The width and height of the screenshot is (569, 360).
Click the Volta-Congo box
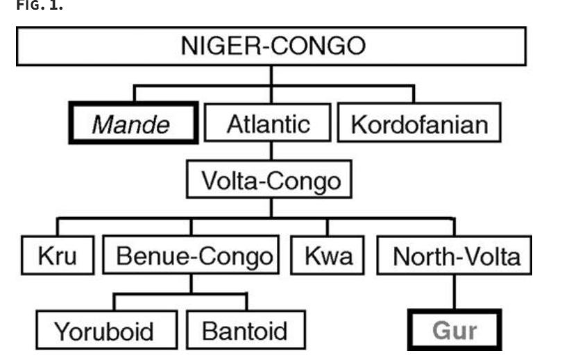271,181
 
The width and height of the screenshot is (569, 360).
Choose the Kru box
57,257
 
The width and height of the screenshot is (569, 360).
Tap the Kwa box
329,257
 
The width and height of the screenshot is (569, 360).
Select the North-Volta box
456,257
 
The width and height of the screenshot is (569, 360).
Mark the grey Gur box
455,330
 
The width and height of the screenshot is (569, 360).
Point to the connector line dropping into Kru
57,229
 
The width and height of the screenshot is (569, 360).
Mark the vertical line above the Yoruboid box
114,302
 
